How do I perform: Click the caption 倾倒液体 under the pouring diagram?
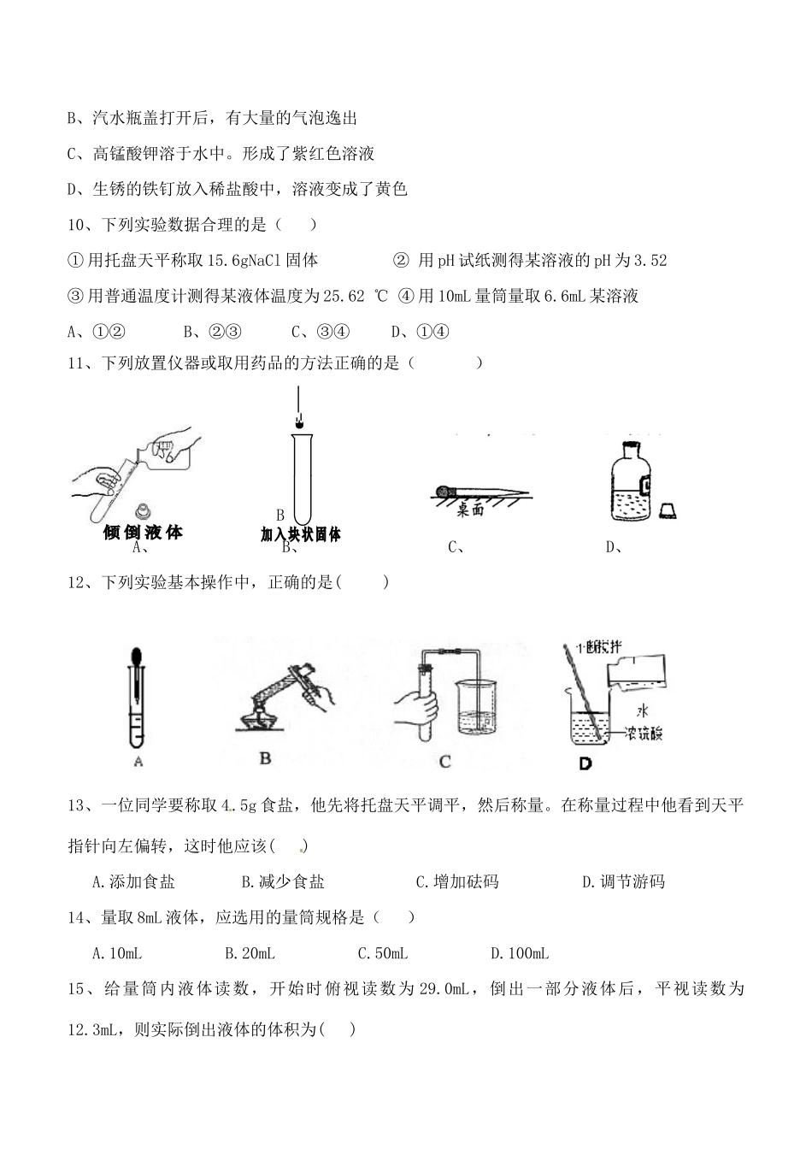143,533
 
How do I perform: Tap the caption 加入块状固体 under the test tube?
301,534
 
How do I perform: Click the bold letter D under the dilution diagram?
585,763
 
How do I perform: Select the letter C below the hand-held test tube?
444,761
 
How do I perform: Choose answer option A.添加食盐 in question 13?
132,882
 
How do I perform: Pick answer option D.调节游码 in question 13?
623,882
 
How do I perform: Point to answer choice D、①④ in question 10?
421,333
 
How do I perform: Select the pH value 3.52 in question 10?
650,261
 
